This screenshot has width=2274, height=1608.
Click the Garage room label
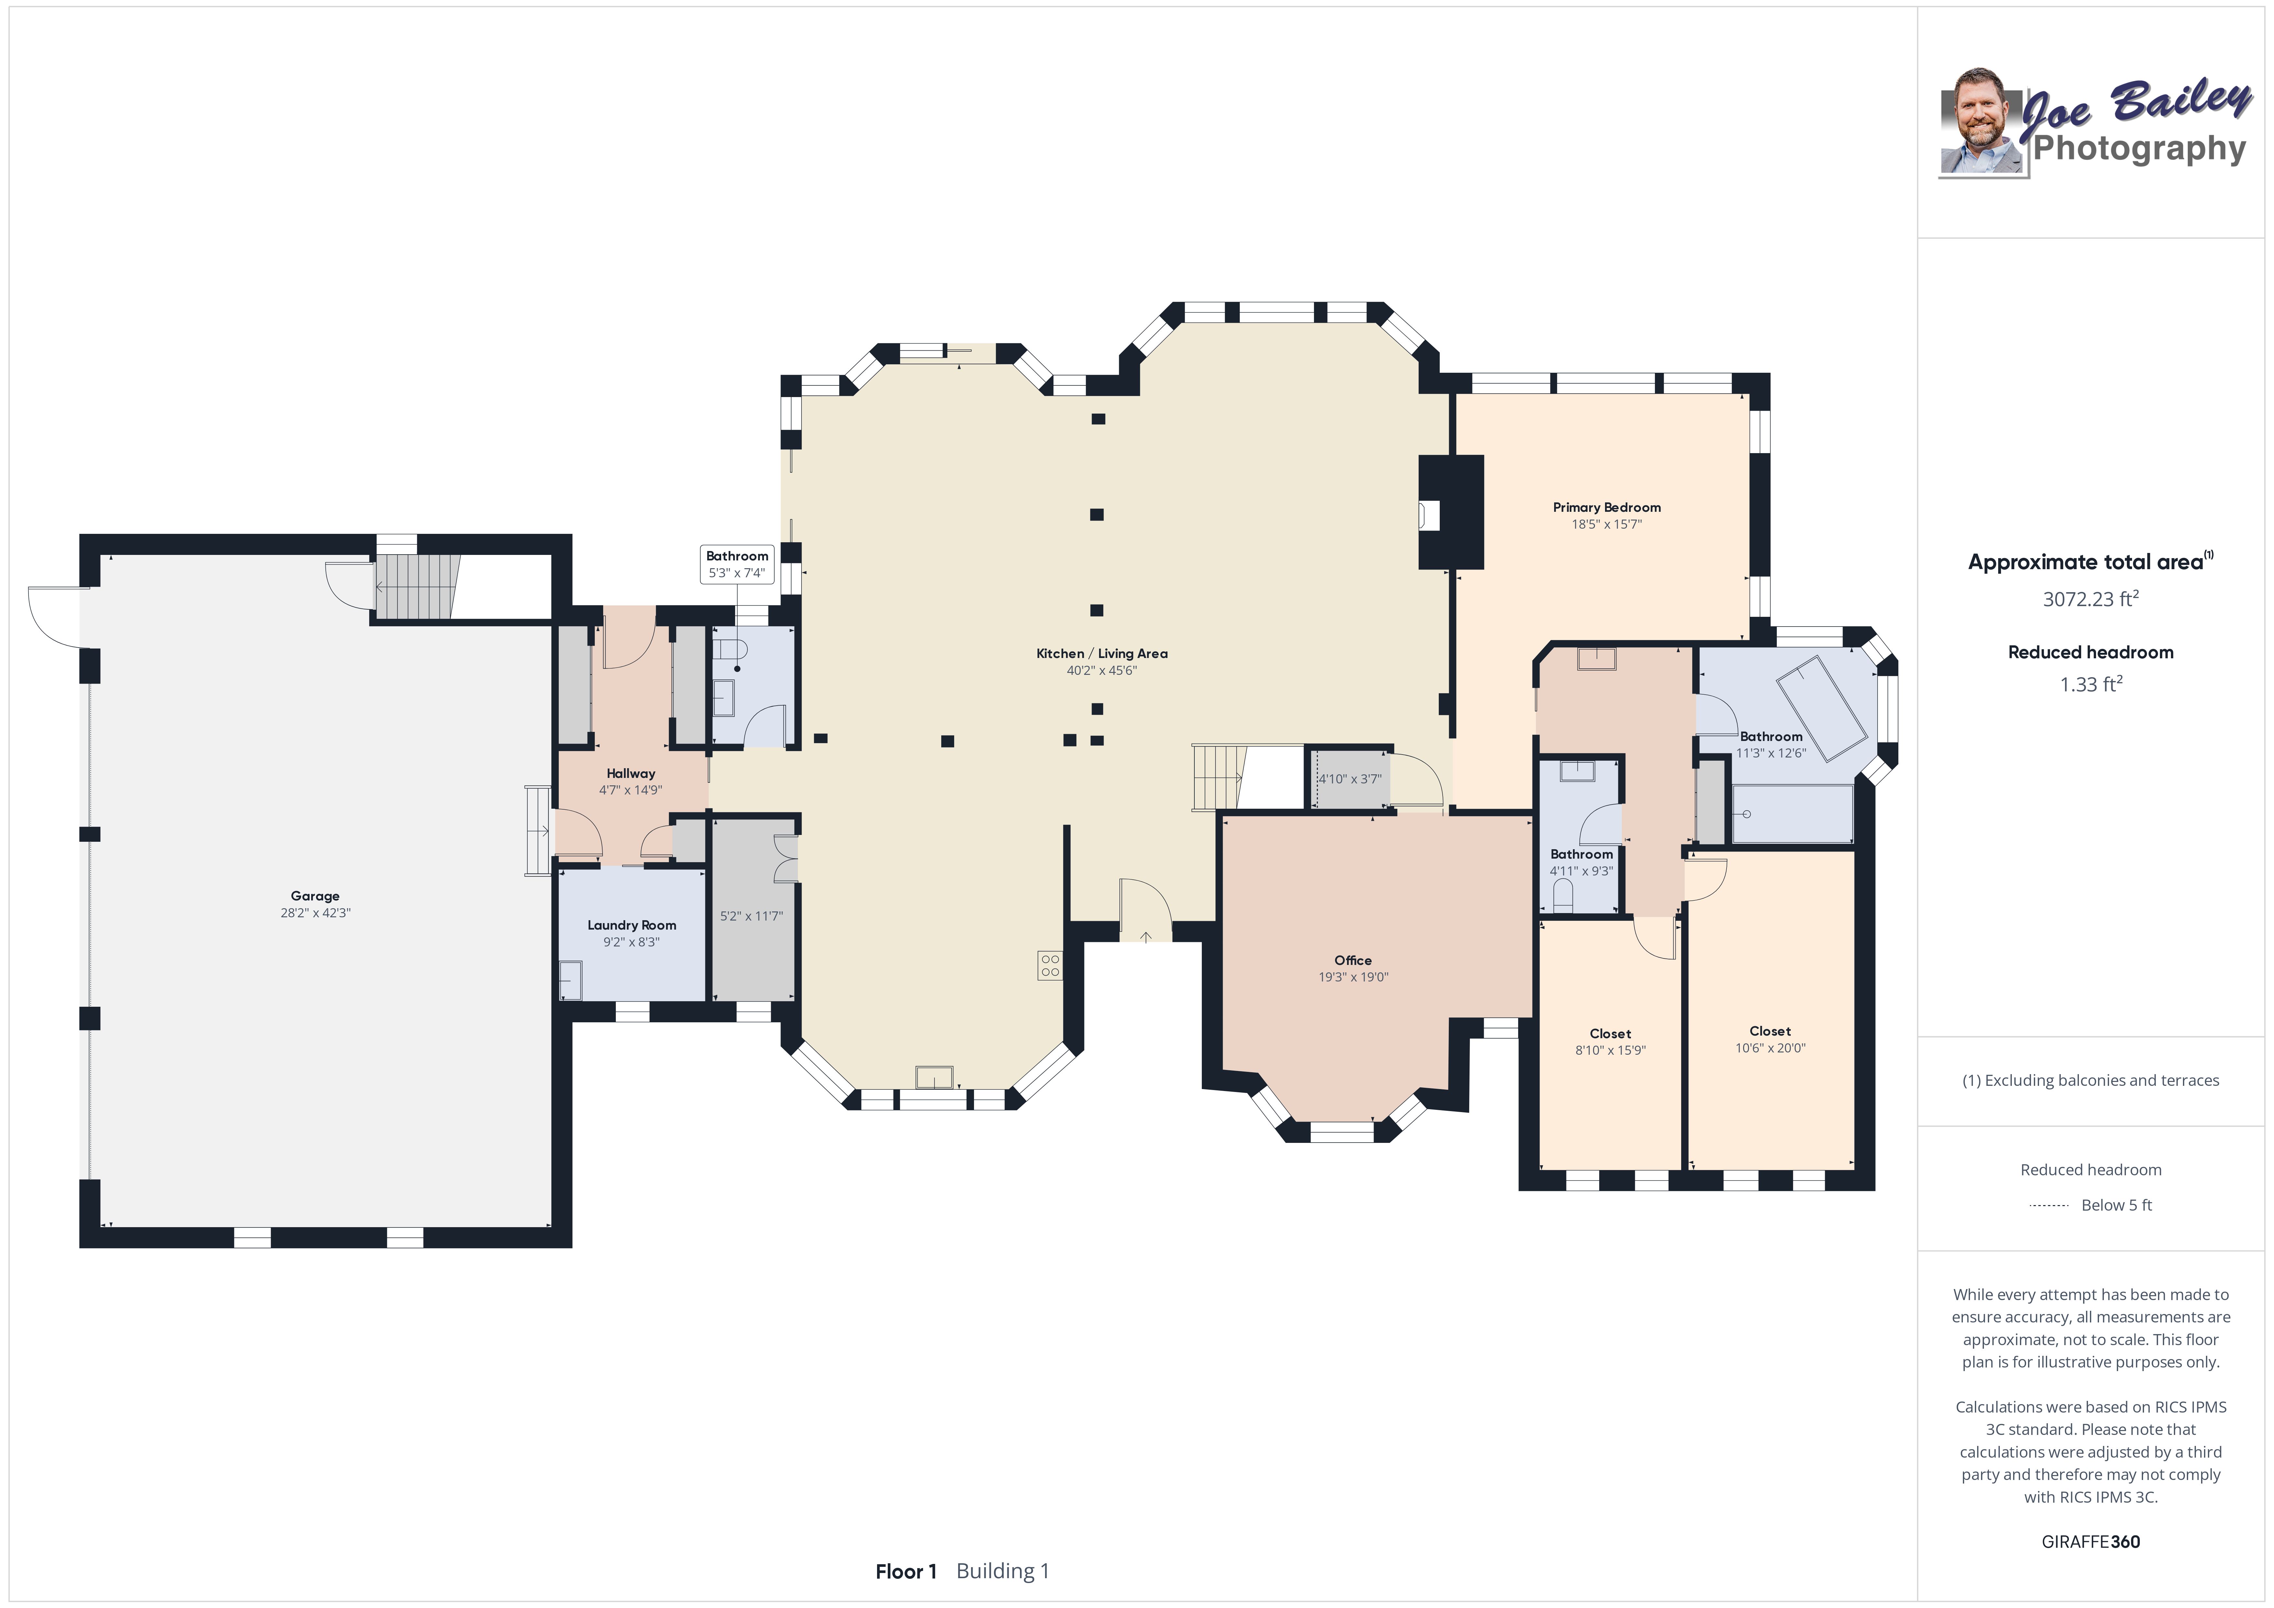coord(315,896)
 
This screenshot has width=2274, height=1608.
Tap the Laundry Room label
coord(632,925)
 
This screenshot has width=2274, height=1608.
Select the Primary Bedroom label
coord(1606,507)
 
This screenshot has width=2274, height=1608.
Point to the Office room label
coord(1353,960)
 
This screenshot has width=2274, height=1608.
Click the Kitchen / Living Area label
coord(1101,654)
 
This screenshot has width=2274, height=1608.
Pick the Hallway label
coord(631,774)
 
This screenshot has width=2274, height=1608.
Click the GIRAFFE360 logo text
coord(2091,1542)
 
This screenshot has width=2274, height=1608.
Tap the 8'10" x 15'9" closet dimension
coord(1611,1050)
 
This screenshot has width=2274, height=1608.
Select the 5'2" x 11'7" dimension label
coord(752,916)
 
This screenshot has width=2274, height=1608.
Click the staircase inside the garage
coord(417,587)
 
